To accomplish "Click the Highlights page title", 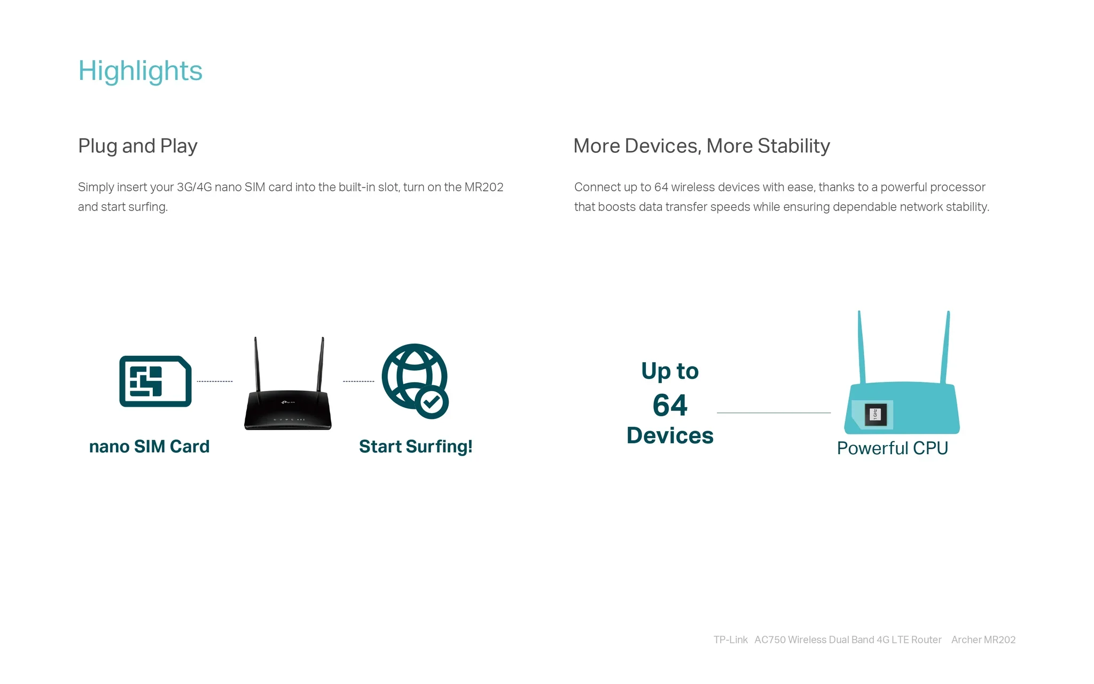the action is point(140,72).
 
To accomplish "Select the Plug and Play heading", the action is point(138,146).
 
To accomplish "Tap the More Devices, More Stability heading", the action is point(701,146).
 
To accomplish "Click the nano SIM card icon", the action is point(155,381).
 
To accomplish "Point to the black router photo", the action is point(288,384).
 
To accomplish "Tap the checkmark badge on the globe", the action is point(432,402).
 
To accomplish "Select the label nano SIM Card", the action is point(149,446).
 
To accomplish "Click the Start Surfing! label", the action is point(416,446).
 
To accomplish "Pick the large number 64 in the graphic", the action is point(670,405).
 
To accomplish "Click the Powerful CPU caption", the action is point(893,448).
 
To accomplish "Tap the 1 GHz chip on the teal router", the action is point(876,414).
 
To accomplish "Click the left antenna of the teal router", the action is point(861,347).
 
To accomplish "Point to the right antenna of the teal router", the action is point(945,347).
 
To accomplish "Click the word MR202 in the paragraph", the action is point(484,187).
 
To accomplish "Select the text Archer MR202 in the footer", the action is point(983,640).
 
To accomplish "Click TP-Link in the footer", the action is point(731,640).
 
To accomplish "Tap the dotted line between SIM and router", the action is point(215,382).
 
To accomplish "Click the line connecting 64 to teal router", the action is point(774,413).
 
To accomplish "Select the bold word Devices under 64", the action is point(670,436).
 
